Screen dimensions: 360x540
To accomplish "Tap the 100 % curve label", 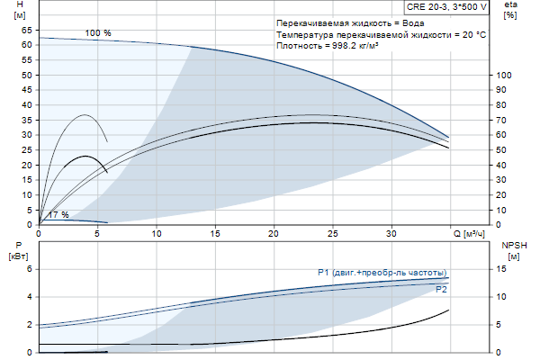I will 98,33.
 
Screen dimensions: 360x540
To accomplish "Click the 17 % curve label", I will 58,215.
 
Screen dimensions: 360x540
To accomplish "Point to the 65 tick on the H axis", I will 27,30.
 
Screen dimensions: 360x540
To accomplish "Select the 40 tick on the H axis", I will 27,104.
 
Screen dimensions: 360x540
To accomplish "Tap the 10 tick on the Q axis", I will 157,234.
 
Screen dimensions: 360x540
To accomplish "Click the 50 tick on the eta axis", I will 501,149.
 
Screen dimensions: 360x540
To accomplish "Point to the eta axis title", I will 510,5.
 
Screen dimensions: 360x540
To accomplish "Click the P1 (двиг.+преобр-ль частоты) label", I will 382,273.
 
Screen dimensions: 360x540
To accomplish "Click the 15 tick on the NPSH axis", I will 501,269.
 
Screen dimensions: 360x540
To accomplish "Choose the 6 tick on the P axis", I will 29,269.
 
